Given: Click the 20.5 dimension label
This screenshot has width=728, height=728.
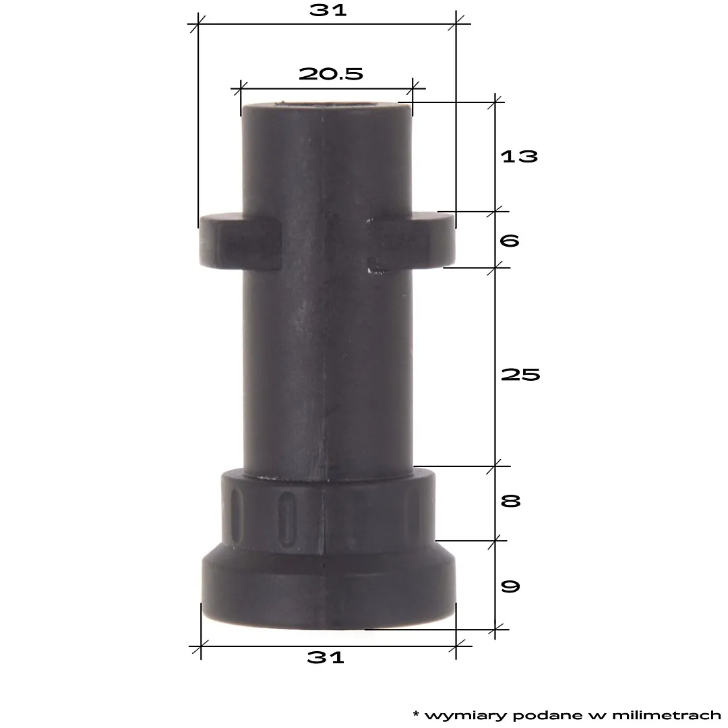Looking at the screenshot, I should coord(331,73).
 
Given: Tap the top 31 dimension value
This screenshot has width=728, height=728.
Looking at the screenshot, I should coord(328,10).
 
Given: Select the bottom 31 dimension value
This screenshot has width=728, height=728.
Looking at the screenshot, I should coord(326,657).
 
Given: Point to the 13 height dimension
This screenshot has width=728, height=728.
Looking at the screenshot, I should coord(519,156).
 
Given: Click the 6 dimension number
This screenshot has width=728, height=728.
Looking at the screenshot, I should coord(510,240).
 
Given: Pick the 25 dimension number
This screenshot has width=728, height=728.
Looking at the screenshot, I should coord(520,375).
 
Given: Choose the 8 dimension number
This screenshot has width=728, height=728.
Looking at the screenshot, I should coord(510,502).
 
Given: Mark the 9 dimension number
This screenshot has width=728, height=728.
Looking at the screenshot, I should coord(510,586).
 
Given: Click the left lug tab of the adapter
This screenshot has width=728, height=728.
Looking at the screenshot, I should coord(239,243).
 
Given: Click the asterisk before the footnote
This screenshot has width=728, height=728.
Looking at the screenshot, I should coord(416,712).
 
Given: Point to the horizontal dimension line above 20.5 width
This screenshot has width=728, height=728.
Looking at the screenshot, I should coord(327,88).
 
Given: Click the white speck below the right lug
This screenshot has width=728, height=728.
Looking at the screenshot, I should coord(369,271).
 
